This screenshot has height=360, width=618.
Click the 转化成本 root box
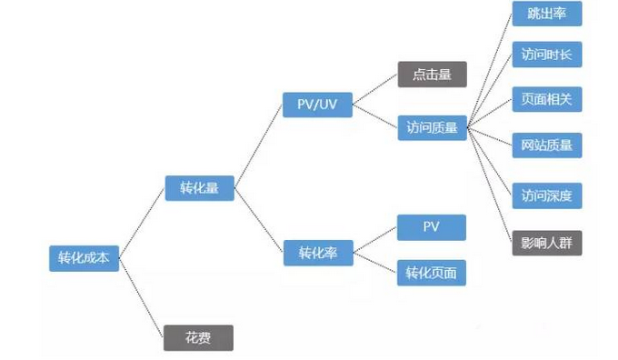[x=83, y=257]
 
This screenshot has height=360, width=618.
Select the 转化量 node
[x=199, y=189]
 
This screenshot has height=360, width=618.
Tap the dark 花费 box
[x=198, y=338]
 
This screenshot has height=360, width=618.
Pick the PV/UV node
[x=316, y=105]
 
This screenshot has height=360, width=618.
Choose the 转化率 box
[x=317, y=252]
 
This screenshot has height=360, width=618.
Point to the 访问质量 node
[x=432, y=128]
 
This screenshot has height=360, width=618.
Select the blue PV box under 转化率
[x=432, y=226]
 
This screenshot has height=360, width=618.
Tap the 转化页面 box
[x=432, y=272]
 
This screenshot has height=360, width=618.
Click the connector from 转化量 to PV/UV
[x=258, y=146]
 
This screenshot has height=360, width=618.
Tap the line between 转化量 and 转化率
[x=258, y=221]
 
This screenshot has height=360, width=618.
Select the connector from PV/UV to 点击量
[x=374, y=89]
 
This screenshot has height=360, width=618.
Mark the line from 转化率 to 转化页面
[x=374, y=262]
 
